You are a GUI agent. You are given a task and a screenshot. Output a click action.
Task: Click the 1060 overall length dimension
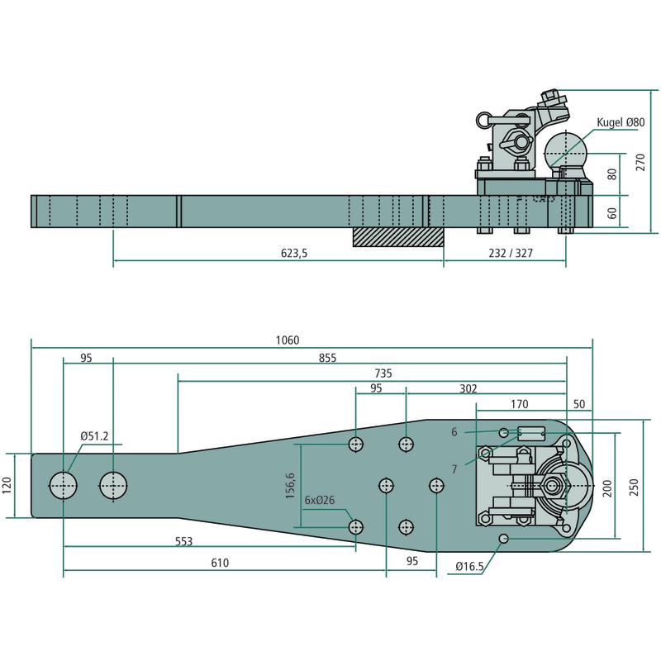pos(288,340)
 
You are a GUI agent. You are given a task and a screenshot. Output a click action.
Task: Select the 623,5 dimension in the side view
pos(293,254)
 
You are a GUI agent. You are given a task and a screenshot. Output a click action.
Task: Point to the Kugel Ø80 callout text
pos(621,122)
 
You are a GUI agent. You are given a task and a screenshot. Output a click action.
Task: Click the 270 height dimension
pos(640,161)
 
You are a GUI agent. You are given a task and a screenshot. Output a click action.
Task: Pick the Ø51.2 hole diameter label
pos(95,436)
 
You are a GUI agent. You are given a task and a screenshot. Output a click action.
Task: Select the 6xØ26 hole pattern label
pos(321,500)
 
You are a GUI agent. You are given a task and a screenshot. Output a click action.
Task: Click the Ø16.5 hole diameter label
pos(473,568)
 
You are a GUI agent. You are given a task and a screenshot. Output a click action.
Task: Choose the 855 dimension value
pos(328,359)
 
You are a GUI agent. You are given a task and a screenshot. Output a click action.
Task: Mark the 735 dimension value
pos(382,373)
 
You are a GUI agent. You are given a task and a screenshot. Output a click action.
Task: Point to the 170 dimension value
pos(519,404)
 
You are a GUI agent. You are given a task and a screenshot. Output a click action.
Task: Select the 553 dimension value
pos(183,541)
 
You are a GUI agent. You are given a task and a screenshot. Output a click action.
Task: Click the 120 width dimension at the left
pos(8,485)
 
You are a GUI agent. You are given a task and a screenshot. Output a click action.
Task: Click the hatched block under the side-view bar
pos(398,236)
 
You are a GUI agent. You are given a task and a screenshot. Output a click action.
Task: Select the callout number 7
pos(454,468)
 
